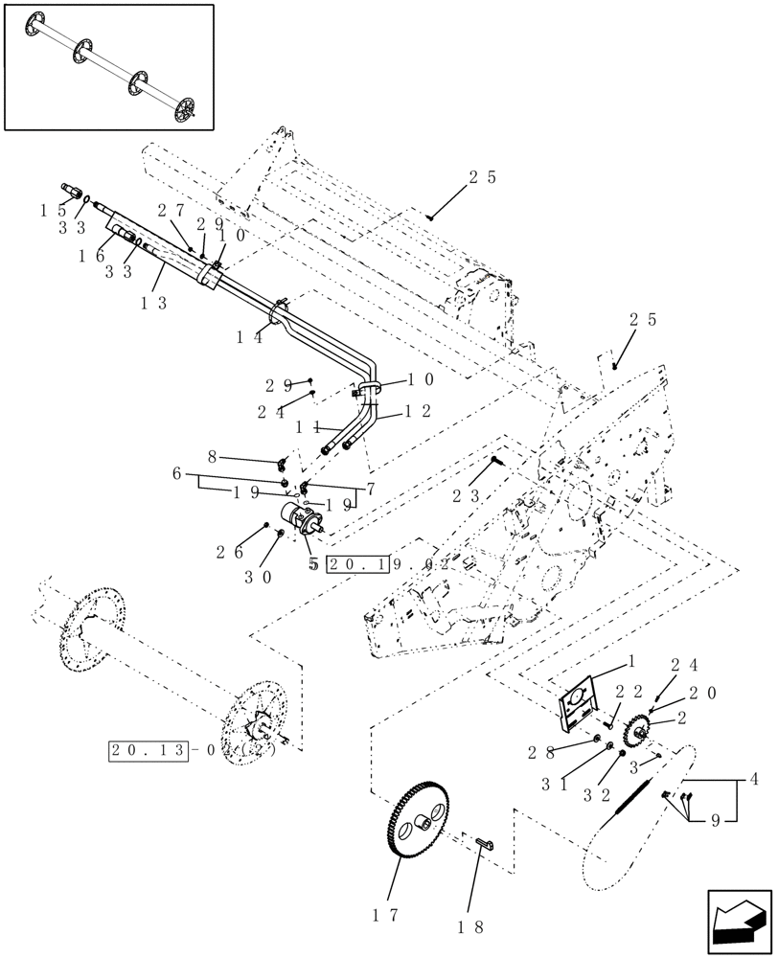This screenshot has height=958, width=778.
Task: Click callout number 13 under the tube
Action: pos(154,303)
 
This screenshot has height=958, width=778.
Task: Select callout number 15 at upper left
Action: pos(53,210)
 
